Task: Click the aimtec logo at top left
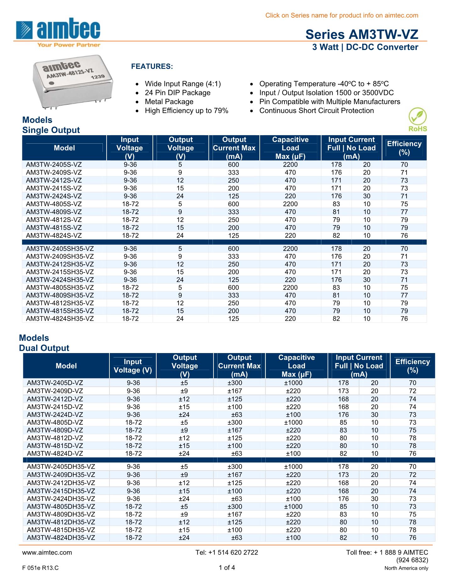pos(58,33)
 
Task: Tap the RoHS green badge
pos(418,119)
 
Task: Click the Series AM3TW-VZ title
pos(362,35)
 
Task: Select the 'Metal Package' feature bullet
pos(169,102)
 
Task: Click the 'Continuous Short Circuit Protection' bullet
pos(316,111)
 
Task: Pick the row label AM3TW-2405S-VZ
pos(54,164)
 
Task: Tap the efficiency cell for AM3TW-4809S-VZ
pos(404,212)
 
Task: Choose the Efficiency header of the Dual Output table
pos(413,366)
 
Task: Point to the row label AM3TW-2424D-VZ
pos(55,415)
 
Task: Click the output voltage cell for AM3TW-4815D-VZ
pos(184,446)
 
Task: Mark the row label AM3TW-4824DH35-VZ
pos(61,538)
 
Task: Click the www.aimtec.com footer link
pos(47,552)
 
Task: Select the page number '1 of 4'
pos(227,567)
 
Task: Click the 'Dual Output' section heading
pos(44,348)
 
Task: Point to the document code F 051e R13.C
pos(41,568)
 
